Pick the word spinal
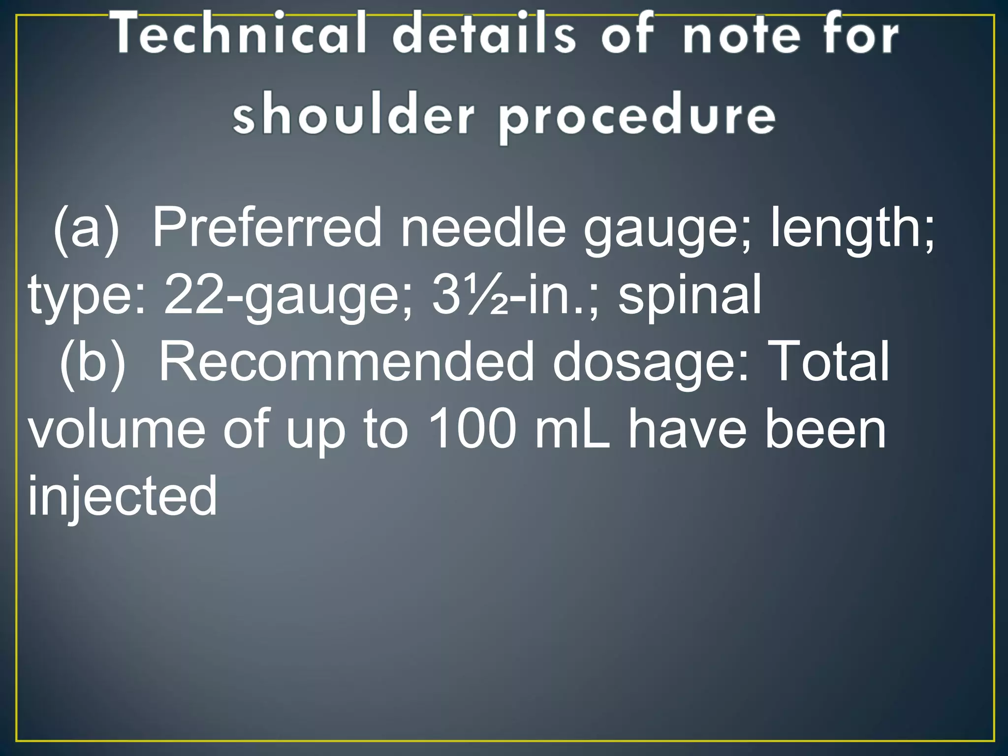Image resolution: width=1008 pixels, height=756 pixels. [x=689, y=295]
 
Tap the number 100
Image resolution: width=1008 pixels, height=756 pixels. [x=472, y=429]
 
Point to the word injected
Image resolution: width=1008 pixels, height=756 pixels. [x=122, y=496]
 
